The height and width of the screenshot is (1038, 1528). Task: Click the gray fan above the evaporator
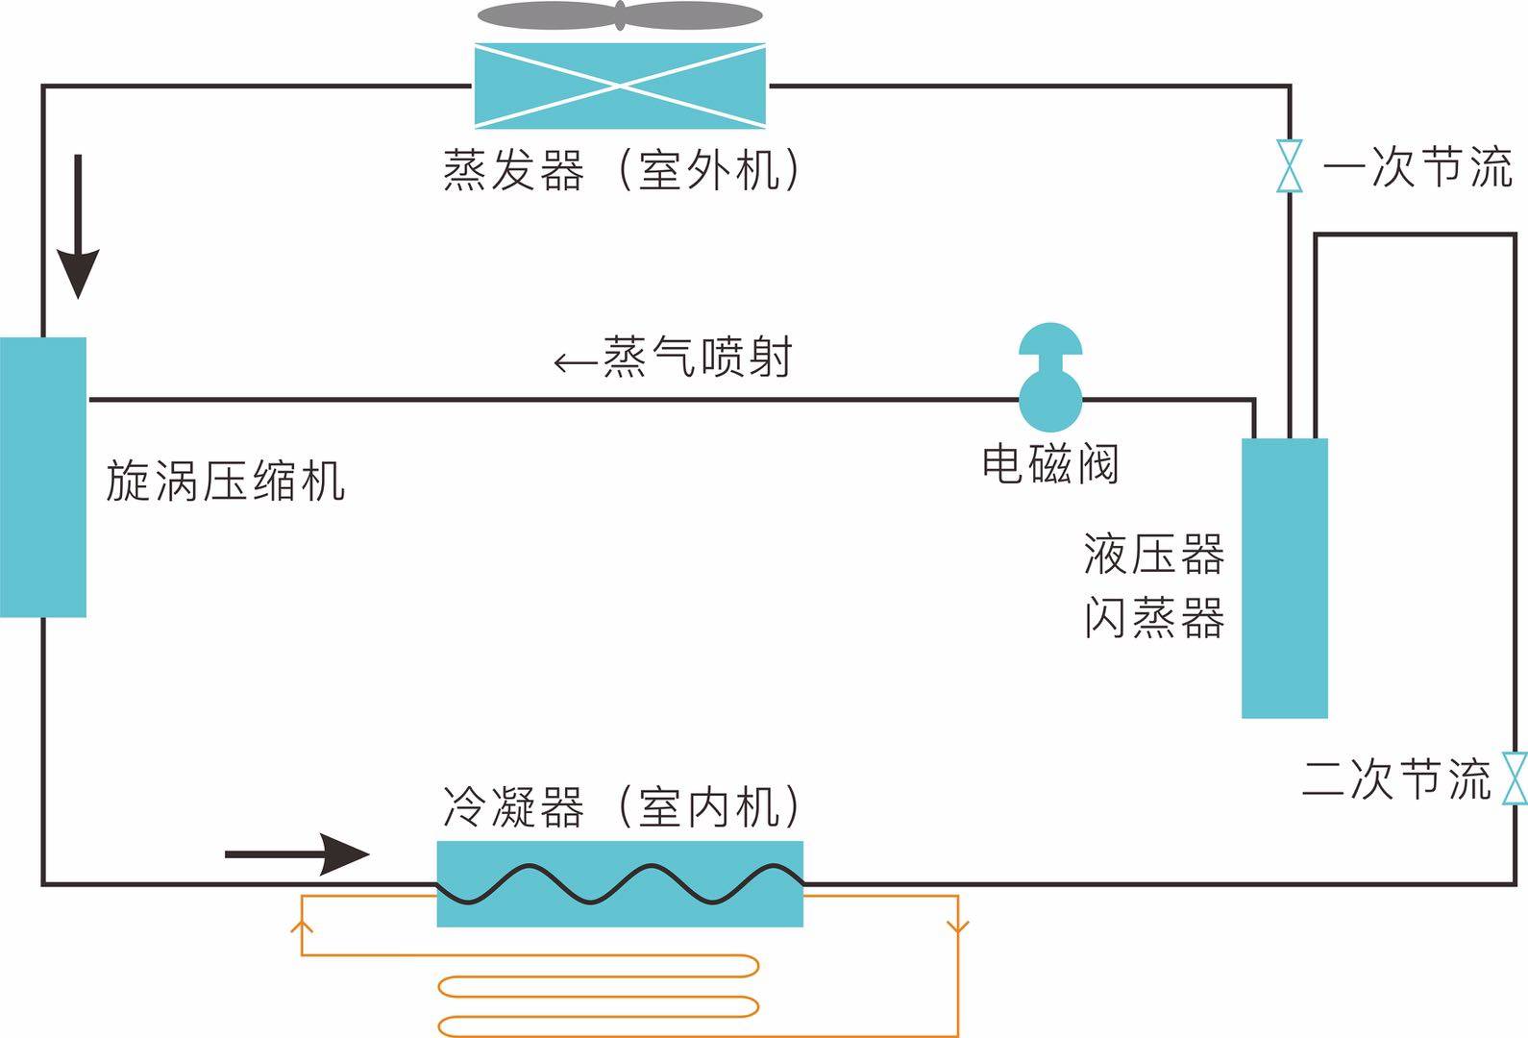click(x=620, y=16)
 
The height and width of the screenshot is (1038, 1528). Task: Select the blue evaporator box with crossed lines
click(x=620, y=86)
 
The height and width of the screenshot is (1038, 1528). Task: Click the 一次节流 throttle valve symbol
click(x=1289, y=166)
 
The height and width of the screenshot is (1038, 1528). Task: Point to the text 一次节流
click(x=1417, y=166)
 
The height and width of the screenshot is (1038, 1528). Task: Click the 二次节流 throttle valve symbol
click(x=1515, y=778)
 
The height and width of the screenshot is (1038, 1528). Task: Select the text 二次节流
click(x=1395, y=778)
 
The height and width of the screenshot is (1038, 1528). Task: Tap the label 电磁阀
click(x=1050, y=464)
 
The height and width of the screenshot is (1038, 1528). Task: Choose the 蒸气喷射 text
click(x=697, y=357)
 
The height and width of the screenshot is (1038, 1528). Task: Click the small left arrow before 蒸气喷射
click(x=575, y=363)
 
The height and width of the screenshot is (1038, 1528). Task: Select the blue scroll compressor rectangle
click(x=43, y=477)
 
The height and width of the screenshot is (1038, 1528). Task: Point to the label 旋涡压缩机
click(x=225, y=481)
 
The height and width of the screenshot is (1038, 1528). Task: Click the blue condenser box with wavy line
click(x=620, y=884)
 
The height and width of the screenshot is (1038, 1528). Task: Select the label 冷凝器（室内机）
click(x=620, y=807)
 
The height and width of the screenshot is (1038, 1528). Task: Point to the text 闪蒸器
click(x=1154, y=618)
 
